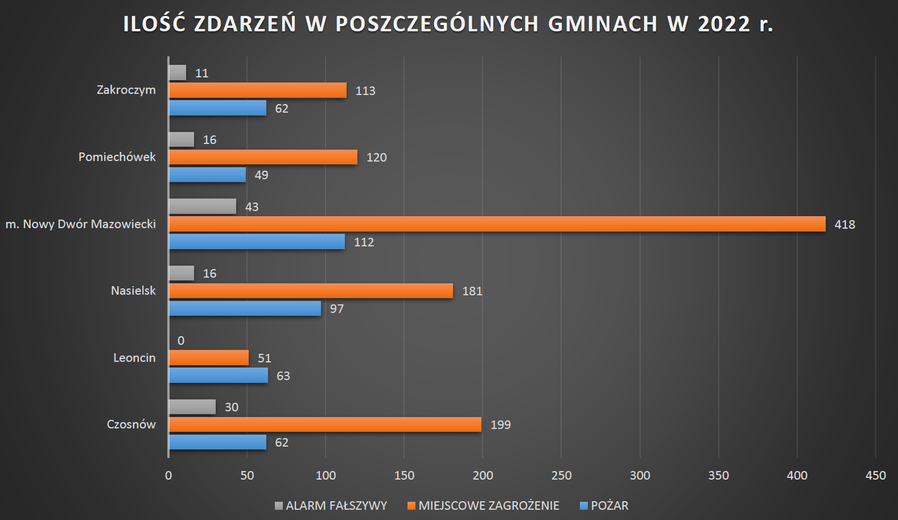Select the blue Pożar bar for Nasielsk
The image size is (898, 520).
pos(245,308)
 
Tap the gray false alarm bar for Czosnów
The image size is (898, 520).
pos(192,407)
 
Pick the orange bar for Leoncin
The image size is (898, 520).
pos(209,358)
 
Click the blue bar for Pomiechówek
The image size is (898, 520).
pos(207,175)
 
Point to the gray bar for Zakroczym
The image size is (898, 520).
pos(178,73)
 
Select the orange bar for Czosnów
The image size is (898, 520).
pos(325,424)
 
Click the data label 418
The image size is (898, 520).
pos(845,225)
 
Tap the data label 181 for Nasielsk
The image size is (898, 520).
pos(472,291)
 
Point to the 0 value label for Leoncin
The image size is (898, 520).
pos(181,341)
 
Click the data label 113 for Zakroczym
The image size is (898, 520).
pos(365,91)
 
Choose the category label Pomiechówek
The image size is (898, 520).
pos(117,157)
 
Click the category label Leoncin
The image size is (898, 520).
pos(134,358)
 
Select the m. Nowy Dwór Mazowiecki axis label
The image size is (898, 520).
pos(81,224)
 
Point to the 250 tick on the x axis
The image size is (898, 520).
pos(561,476)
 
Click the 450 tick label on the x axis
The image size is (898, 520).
pos(875,476)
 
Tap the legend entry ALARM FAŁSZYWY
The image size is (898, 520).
pos(336,506)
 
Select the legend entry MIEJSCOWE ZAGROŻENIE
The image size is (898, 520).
pos(488,506)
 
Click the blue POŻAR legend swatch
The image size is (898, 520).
pos(583,506)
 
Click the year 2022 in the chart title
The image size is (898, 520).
pos(724,24)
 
